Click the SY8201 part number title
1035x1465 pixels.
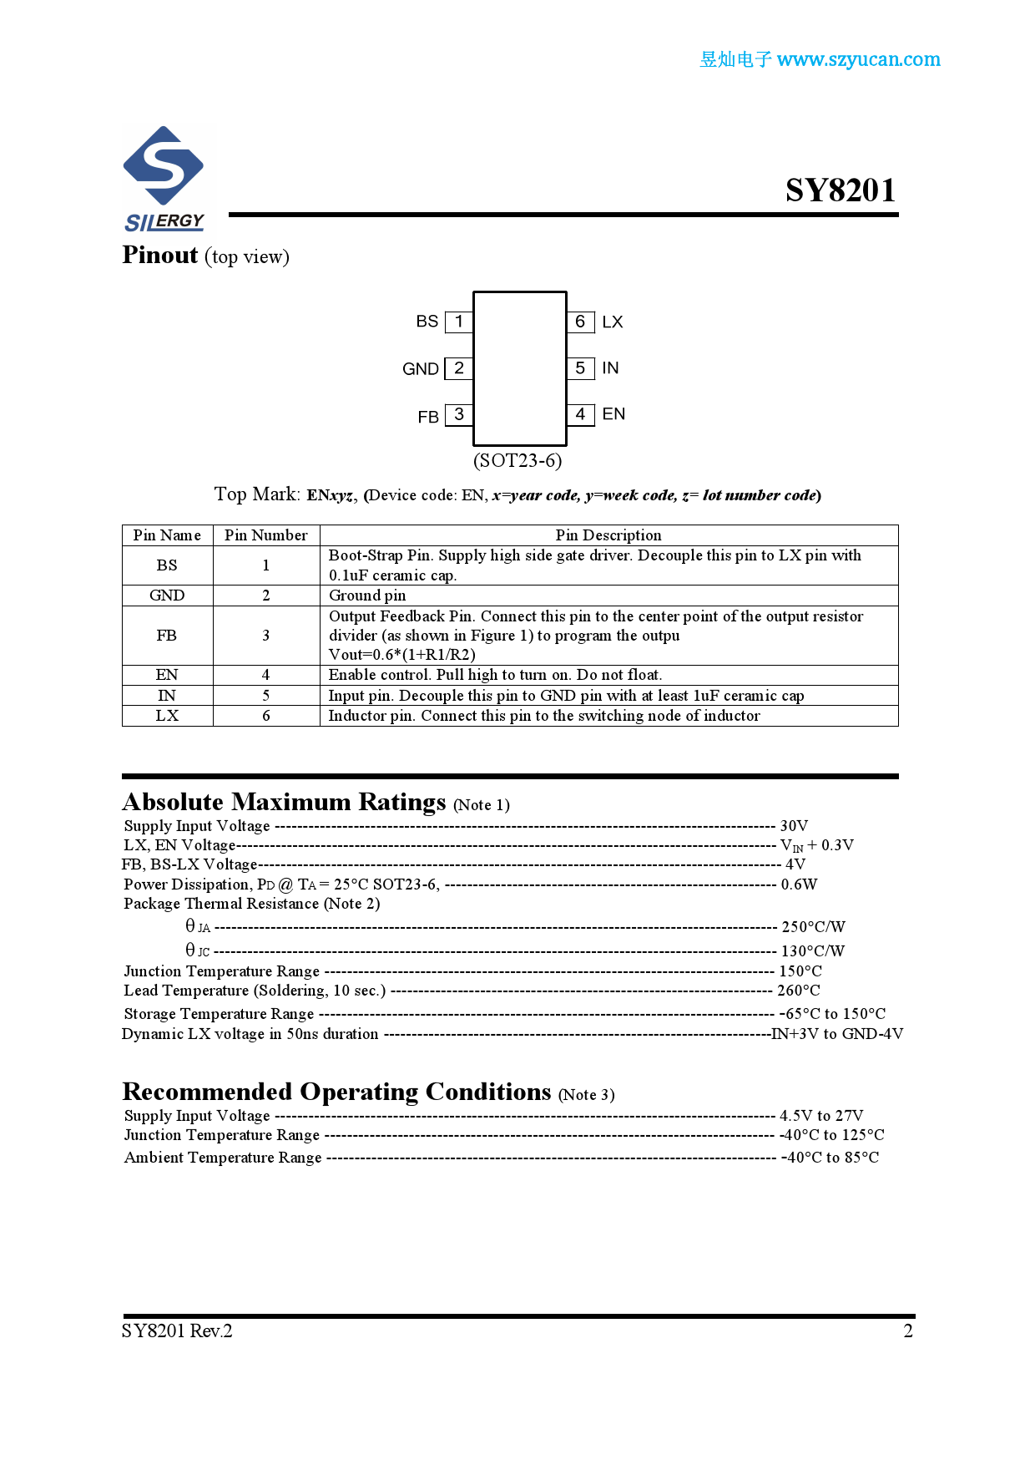840,190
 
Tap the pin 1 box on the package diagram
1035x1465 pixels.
459,322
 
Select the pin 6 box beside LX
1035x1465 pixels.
580,322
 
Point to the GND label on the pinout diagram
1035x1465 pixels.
420,369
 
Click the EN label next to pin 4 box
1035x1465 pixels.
613,414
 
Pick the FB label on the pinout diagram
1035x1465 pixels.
428,417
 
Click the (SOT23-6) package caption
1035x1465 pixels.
517,460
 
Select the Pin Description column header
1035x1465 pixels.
608,535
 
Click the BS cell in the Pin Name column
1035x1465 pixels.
167,565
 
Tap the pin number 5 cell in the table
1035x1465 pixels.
266,696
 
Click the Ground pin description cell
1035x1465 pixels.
367,596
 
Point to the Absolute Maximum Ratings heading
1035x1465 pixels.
285,802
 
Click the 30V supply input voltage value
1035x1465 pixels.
794,825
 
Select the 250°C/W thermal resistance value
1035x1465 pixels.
813,926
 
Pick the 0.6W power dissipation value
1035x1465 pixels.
799,884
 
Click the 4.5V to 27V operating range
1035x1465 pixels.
821,1116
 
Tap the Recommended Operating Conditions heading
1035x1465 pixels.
336,1092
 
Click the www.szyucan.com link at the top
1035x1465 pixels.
858,59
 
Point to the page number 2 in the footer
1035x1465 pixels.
908,1331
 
